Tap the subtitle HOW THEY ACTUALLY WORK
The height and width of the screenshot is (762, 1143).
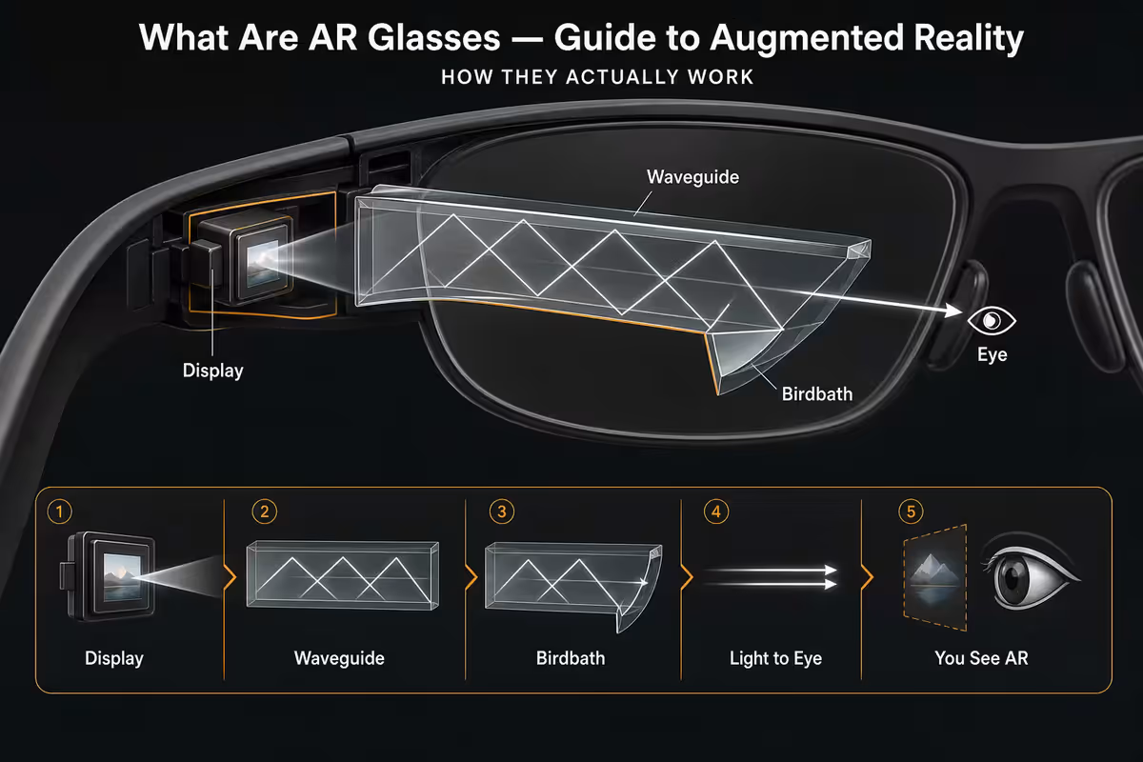(597, 77)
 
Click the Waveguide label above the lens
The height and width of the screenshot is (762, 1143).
(692, 177)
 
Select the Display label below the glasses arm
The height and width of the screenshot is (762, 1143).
(212, 371)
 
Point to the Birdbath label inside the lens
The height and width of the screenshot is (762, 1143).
(817, 394)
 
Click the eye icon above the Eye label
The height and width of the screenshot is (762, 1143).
(992, 321)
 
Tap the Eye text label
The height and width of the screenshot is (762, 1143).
(992, 354)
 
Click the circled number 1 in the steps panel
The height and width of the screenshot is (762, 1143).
(60, 511)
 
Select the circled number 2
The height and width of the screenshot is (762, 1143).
(265, 511)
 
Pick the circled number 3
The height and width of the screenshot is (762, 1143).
(502, 511)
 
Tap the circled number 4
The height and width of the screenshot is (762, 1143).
(716, 511)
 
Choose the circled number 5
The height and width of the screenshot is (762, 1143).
(911, 511)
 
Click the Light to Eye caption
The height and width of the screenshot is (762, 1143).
(775, 658)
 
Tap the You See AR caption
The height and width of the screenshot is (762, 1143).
(981, 658)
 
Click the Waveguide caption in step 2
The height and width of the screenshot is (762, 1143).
(339, 658)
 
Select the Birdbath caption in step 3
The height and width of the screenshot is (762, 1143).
(571, 658)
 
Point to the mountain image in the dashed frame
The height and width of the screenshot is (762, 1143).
(934, 577)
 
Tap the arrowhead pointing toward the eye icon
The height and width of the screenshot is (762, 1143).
(953, 310)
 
